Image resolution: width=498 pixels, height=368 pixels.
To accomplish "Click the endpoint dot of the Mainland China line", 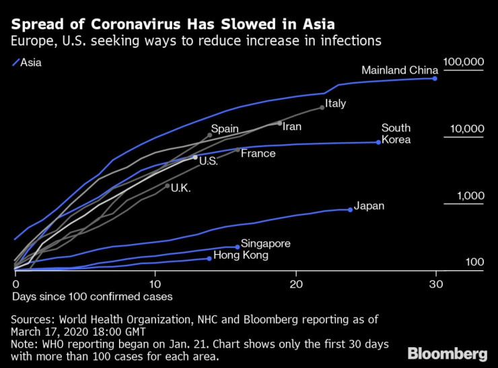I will coord(435,78).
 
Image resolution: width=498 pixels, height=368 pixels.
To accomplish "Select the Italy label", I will coord(335,104).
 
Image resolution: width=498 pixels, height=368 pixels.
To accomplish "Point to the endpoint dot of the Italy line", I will coord(322,107).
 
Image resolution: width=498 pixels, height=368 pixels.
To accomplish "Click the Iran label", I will coord(291,126).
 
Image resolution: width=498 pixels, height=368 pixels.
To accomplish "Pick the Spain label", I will coord(225,129).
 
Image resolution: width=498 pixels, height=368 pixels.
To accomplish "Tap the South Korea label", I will coord(396,134).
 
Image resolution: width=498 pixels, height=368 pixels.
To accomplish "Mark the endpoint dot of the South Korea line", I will coord(379,142).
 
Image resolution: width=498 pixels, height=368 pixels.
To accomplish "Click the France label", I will coord(258,154).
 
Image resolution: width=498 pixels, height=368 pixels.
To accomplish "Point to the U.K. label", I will coord(182,188).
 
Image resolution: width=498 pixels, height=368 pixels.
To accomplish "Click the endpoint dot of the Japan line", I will coord(351,210).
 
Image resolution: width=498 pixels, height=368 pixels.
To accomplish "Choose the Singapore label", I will coord(266,243).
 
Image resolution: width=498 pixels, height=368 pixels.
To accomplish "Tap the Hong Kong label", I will coord(241,255).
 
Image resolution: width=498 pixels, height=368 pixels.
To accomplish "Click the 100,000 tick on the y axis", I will coord(463,62).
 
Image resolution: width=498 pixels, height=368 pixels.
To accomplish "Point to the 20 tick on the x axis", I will coord(295,284).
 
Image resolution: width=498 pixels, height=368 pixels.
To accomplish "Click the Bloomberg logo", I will coord(448,353).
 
